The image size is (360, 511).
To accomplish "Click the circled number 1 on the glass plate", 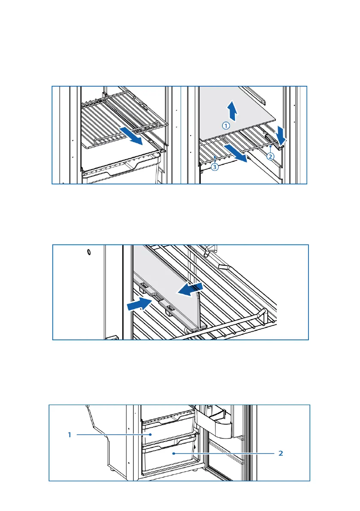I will coord(226,125).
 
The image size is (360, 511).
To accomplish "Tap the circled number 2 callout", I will coord(270,156).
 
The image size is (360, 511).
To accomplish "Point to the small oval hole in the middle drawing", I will coord(88,252).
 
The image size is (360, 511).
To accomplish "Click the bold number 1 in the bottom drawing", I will coord(69,435).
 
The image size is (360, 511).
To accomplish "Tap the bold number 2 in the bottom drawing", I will coord(281,453).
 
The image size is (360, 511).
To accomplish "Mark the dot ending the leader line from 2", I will coord(173,453).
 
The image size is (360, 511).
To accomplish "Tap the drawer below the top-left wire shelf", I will coord(122,172).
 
